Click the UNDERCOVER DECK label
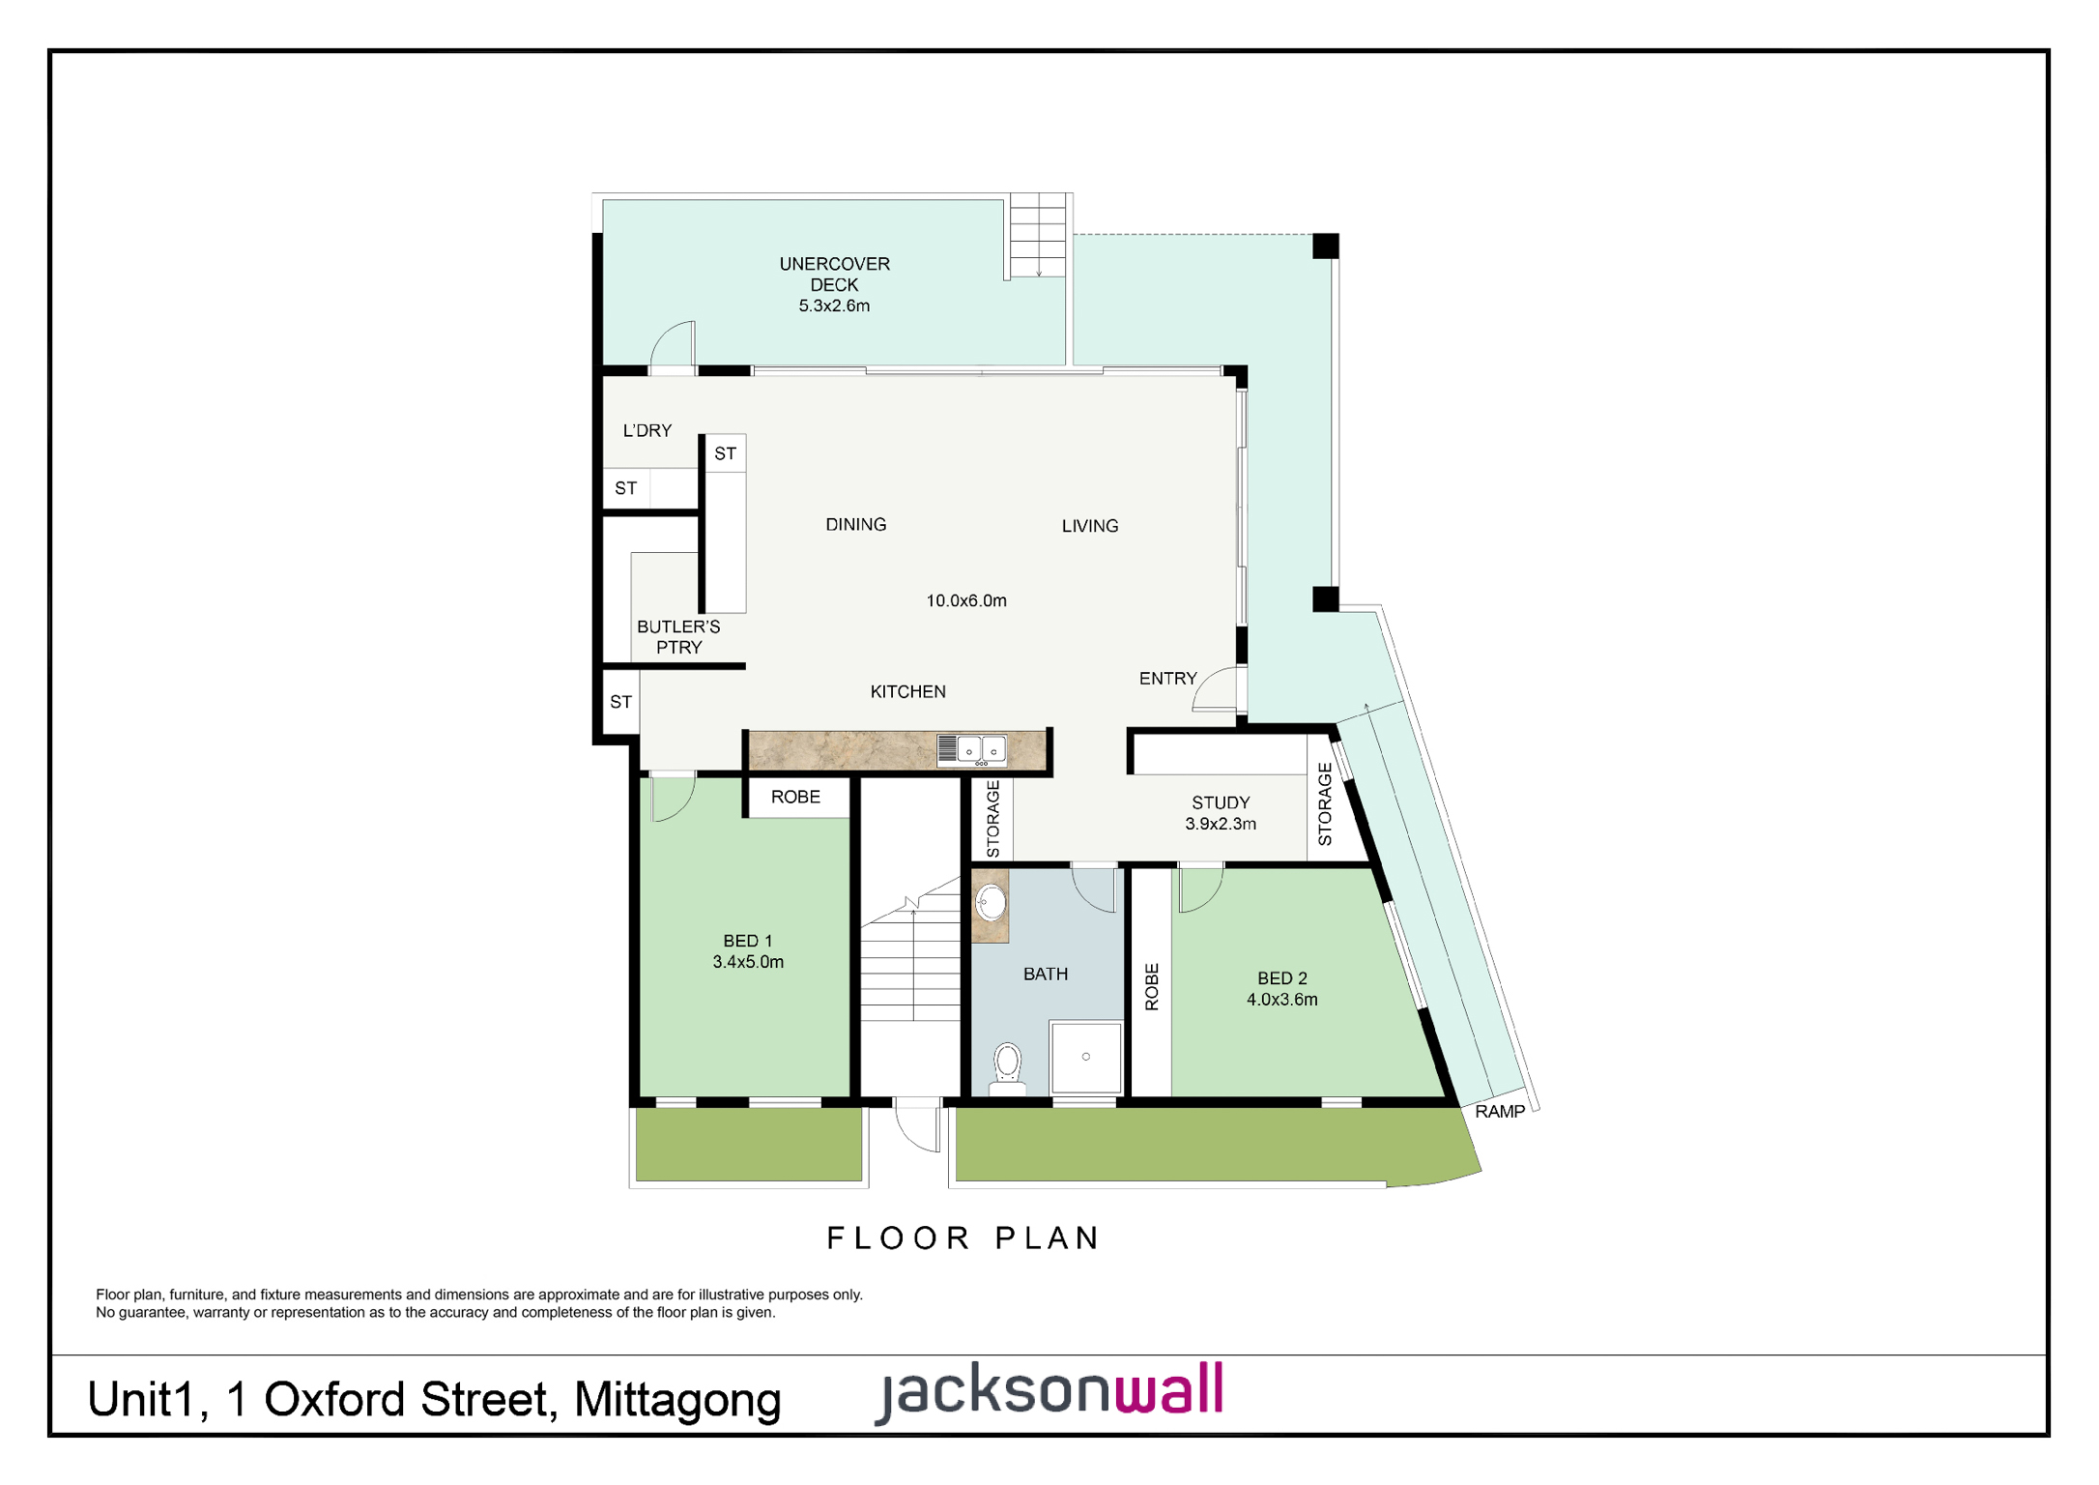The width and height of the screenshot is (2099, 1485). click(834, 274)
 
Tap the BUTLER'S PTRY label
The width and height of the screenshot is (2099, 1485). click(678, 637)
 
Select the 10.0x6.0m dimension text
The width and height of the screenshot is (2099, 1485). click(966, 600)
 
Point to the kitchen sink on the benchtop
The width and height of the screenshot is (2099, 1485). click(972, 750)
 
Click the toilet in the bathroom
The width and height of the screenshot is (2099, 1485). click(1008, 1067)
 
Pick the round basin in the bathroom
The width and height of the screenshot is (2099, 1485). click(991, 904)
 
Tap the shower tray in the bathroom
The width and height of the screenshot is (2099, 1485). click(1086, 1057)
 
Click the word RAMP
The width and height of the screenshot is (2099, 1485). click(1500, 1112)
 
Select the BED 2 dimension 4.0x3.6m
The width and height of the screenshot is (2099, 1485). click(1282, 1000)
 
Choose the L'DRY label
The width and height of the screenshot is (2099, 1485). click(647, 430)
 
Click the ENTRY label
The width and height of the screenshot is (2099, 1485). click(1168, 679)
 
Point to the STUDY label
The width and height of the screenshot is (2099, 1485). click(1221, 802)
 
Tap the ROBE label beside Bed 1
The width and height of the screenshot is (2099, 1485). click(795, 797)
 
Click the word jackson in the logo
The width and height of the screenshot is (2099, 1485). click(994, 1393)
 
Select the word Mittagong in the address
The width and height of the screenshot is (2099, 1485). click(677, 1401)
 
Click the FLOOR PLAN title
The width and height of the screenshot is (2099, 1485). click(963, 1238)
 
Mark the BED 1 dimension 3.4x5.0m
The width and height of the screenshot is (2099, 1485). click(748, 962)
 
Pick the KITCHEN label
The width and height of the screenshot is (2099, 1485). click(908, 691)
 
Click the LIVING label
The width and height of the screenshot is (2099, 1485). click(1090, 526)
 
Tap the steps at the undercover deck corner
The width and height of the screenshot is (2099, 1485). click(1038, 236)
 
